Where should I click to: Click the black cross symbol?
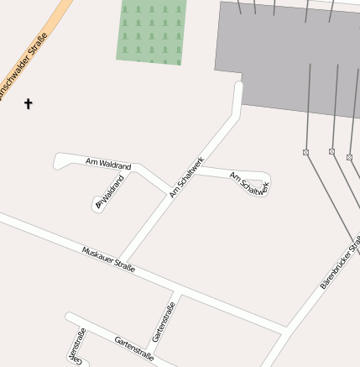28,104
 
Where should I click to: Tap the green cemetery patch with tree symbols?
151,31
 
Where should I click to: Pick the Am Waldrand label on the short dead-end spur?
109,191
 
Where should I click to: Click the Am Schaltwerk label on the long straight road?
186,177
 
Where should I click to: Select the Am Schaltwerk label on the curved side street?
249,184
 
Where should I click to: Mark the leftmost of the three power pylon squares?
306,152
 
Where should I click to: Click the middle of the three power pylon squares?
331,151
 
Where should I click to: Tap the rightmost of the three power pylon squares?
349,157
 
